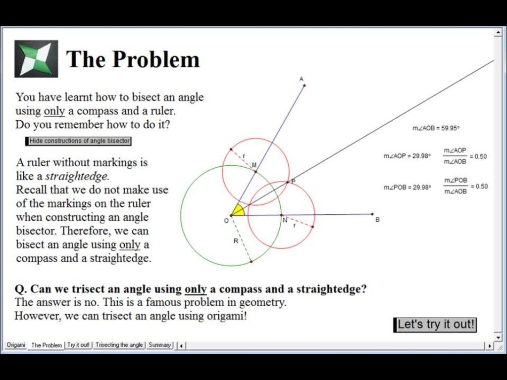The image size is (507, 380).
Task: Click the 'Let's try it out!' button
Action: [435, 325]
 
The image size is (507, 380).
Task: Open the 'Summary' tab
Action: [159, 345]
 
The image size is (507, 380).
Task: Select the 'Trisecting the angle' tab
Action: [119, 345]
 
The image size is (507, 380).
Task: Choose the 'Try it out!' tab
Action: [79, 345]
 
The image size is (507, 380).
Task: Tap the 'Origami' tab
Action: [16, 345]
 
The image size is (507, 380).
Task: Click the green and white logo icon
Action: [36, 59]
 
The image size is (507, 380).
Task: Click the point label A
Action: [301, 79]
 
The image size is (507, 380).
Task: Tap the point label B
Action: [377, 220]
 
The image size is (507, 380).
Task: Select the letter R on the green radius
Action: [236, 241]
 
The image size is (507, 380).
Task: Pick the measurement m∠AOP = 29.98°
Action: [407, 156]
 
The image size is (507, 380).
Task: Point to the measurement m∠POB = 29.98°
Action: [407, 187]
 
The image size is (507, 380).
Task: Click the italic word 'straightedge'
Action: [77, 176]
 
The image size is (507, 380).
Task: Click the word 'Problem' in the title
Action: [156, 59]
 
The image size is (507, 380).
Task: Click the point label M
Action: [254, 165]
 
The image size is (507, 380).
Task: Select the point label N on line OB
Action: [285, 221]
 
